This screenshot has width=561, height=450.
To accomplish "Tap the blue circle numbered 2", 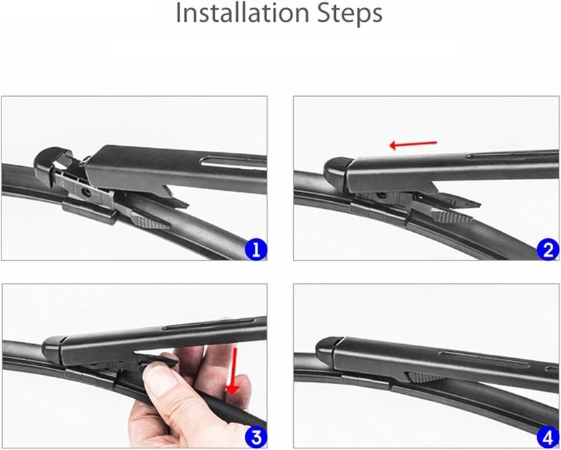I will click(548, 249).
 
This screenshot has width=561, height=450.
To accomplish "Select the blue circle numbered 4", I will click(548, 436).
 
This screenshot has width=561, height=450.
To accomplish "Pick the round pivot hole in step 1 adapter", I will click(86, 190).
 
